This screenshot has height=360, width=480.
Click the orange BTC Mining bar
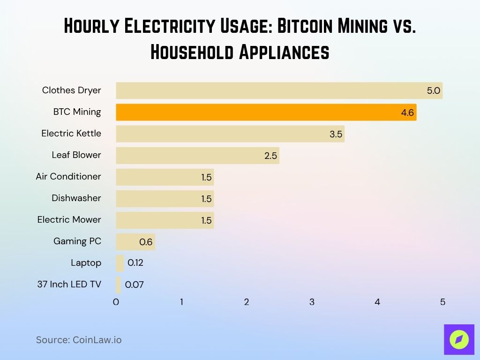tap(266, 112)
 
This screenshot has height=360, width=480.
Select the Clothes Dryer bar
tap(279, 90)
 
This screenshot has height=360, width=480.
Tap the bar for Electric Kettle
tap(230, 134)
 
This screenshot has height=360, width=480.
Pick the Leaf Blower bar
tap(197, 155)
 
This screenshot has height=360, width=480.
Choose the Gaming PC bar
tap(135, 242)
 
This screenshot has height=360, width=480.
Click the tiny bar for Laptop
tap(120, 263)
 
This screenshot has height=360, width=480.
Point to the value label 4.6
tap(407, 112)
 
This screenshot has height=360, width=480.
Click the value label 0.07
tap(134, 285)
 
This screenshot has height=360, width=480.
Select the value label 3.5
tap(336, 134)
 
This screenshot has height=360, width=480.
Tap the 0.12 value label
tap(135, 263)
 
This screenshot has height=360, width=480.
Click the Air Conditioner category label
tap(68, 177)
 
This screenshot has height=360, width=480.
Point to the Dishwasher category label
tap(76, 198)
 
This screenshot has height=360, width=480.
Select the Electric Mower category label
tap(69, 220)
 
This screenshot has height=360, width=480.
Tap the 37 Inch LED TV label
tap(69, 284)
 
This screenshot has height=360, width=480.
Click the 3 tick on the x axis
tap(312, 302)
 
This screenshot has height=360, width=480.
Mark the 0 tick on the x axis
tap(116, 302)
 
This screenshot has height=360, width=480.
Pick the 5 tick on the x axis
tap(442, 302)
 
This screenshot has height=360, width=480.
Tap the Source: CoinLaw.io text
tap(79, 340)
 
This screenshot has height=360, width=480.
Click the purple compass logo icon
tap(459, 339)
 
